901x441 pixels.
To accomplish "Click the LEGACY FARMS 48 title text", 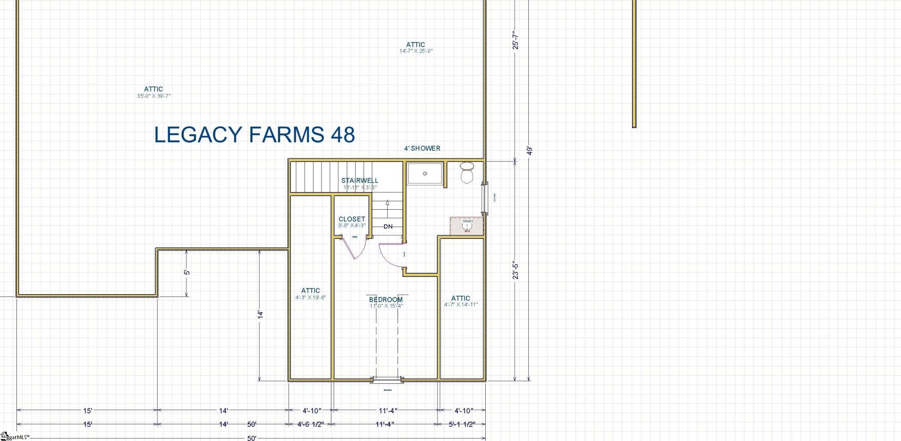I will [254, 135].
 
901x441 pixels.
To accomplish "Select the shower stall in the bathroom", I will [425, 174].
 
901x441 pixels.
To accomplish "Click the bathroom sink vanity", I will [466, 226].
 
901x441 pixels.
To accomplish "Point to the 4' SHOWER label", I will [422, 148].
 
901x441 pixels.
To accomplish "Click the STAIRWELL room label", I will [359, 181].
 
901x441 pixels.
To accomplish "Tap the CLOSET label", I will [352, 219].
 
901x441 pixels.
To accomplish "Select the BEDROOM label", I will [386, 299].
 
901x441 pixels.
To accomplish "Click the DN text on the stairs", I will [388, 227].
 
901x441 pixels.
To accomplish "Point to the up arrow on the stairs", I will [388, 203].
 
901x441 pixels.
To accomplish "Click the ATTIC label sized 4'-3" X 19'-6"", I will [311, 291].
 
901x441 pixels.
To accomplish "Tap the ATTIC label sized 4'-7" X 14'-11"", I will [460, 298].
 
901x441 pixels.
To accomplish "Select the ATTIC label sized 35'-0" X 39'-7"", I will [153, 89].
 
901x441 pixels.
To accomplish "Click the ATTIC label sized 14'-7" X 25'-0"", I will [416, 45].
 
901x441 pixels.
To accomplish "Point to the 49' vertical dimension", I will [530, 151].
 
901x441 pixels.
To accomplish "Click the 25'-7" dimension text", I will [516, 40].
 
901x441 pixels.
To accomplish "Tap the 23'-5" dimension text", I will [516, 270].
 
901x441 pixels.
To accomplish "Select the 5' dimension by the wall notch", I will [187, 272].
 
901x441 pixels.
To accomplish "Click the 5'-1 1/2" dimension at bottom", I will [462, 424].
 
